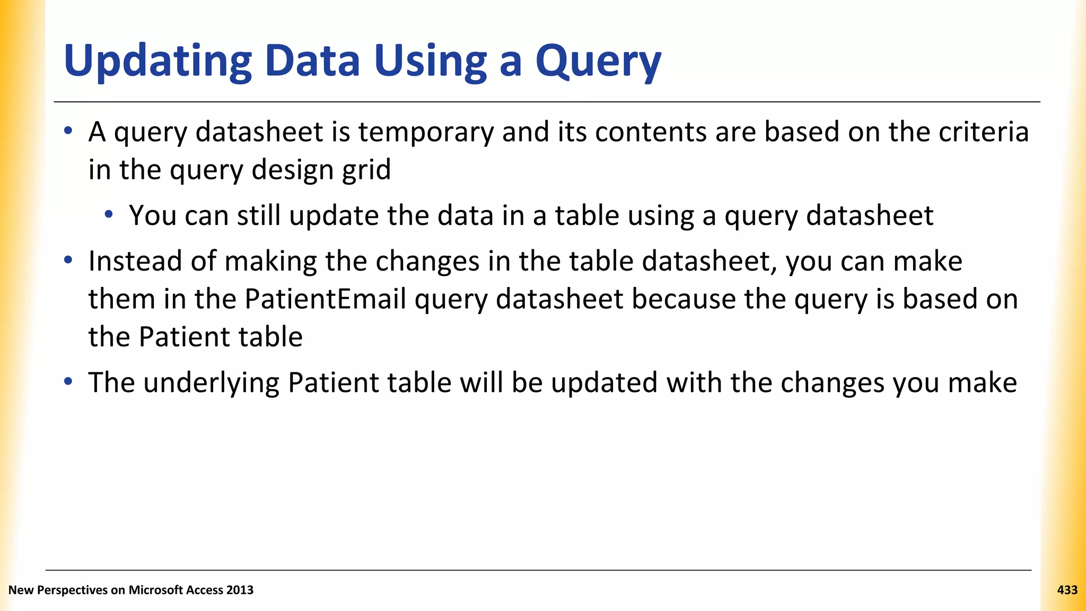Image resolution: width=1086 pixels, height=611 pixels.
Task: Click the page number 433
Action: tap(1067, 590)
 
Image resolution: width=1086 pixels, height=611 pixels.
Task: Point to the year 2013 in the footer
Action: tap(240, 590)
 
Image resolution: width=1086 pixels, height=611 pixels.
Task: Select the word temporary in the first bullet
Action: tap(426, 133)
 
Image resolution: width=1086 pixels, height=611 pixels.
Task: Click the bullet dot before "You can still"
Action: tap(109, 215)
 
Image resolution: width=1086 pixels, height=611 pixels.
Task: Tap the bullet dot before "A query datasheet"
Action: tap(68, 131)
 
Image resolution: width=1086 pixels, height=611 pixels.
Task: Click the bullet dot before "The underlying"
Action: tap(68, 382)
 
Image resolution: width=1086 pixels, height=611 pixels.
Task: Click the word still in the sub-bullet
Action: tap(258, 215)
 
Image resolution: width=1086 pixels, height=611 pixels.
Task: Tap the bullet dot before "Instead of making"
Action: tap(68, 260)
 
